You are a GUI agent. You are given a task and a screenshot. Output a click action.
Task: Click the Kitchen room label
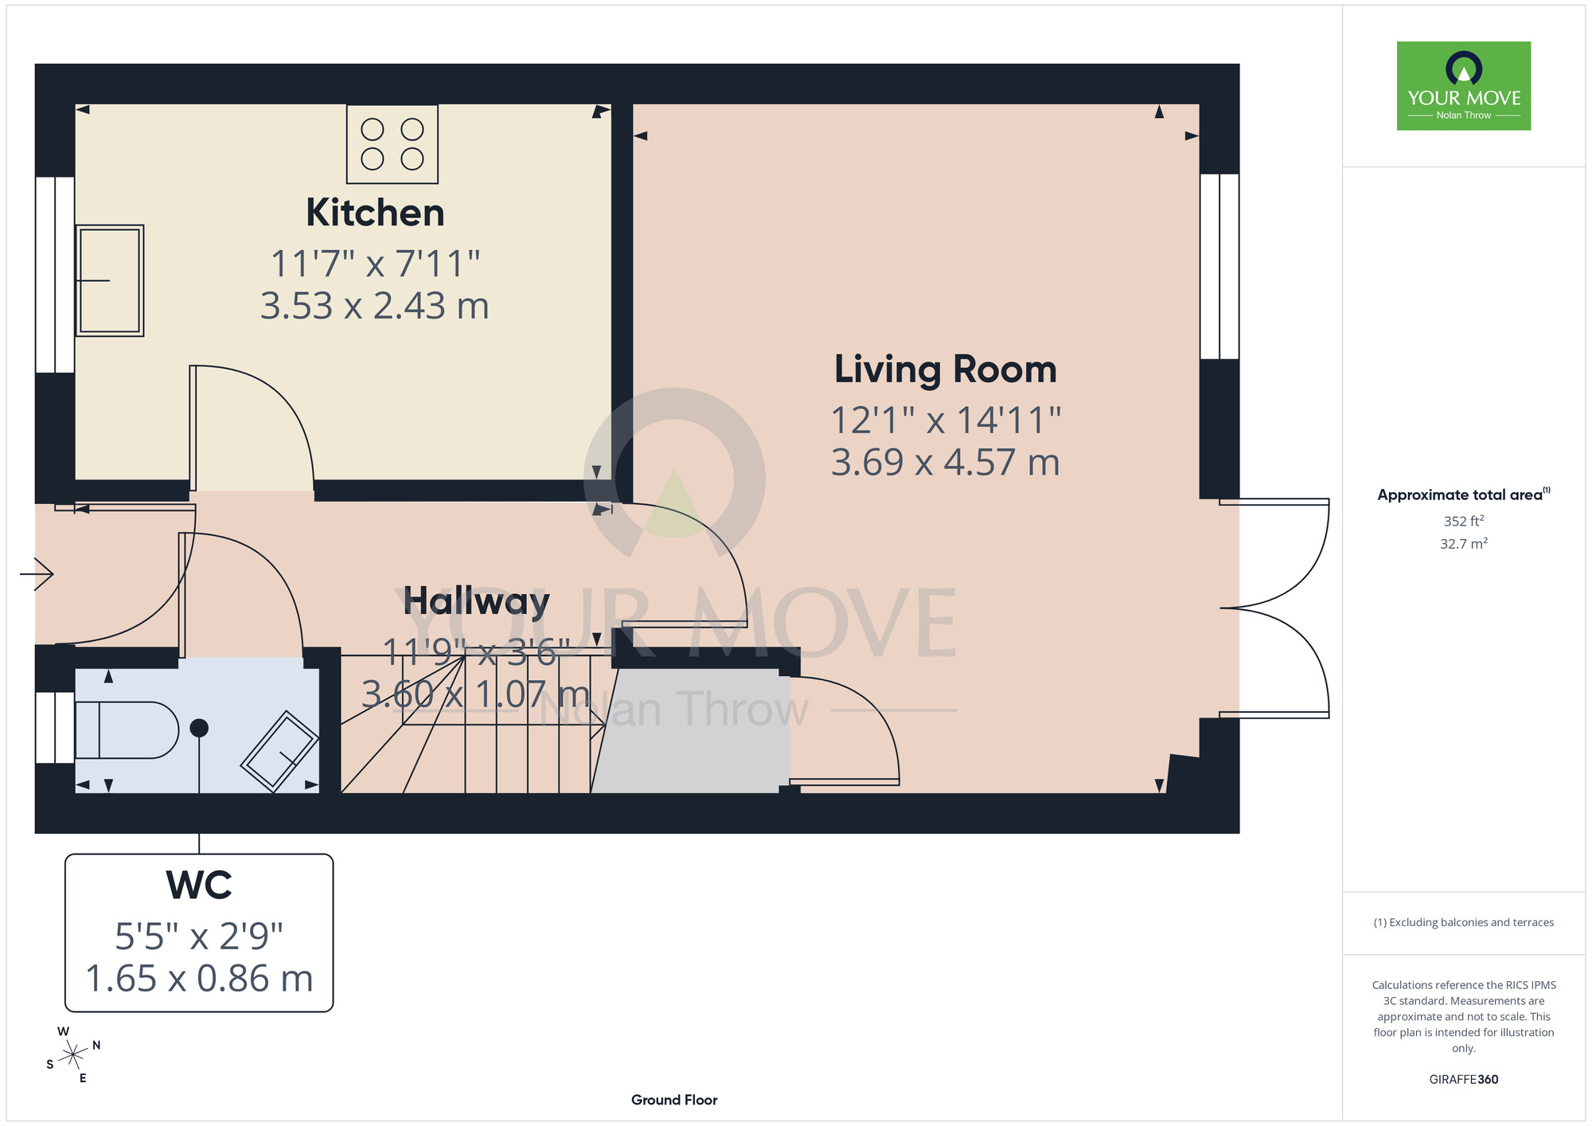[x=375, y=213]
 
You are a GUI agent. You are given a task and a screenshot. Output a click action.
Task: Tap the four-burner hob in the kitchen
[x=392, y=144]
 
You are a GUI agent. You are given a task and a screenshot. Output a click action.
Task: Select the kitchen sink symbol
[x=110, y=280]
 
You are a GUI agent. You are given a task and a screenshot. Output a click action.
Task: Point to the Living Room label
[x=945, y=370]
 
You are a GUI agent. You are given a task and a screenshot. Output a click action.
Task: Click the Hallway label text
[x=476, y=602]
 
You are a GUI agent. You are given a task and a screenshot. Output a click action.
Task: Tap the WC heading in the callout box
[x=199, y=885]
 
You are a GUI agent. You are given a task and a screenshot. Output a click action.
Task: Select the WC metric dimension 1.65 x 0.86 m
[x=199, y=979]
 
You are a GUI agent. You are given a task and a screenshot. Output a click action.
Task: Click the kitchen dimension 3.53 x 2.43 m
[x=375, y=306]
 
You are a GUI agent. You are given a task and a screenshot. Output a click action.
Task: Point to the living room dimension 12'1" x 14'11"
[x=946, y=420]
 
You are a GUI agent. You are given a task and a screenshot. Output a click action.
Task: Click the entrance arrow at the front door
[x=37, y=573]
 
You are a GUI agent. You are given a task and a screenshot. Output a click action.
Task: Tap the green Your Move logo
[x=1464, y=86]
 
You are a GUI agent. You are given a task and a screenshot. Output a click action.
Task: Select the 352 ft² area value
[x=1464, y=521]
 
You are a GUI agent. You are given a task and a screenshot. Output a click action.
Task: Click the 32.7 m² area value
[x=1464, y=544]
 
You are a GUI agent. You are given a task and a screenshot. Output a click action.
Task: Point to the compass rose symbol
[x=72, y=1055]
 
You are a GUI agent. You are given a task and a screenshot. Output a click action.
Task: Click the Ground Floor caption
[x=674, y=1100]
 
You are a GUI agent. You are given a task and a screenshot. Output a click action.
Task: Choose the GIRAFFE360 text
[x=1464, y=1080]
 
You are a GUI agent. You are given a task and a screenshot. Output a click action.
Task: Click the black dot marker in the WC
[x=199, y=728]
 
